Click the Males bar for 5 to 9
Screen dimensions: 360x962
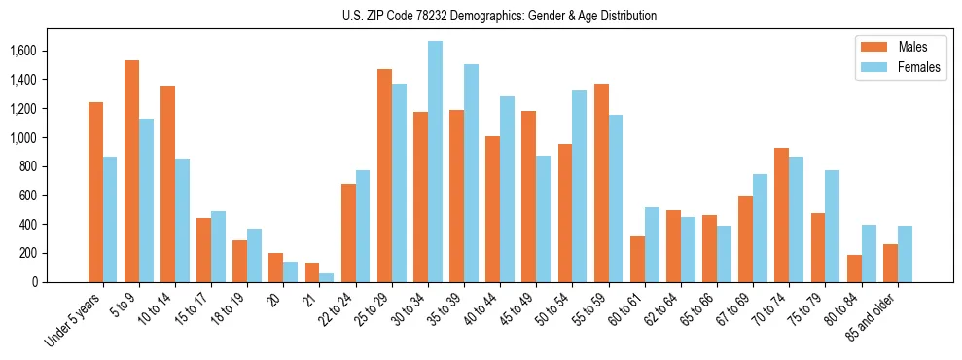pyautogui.click(x=131, y=171)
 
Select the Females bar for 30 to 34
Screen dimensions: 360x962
pyautogui.click(x=435, y=162)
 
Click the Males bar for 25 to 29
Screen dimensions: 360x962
pyautogui.click(x=384, y=175)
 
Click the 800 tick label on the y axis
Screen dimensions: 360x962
pyautogui.click(x=53, y=166)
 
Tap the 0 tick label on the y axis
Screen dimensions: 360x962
pyautogui.click(x=60, y=282)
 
